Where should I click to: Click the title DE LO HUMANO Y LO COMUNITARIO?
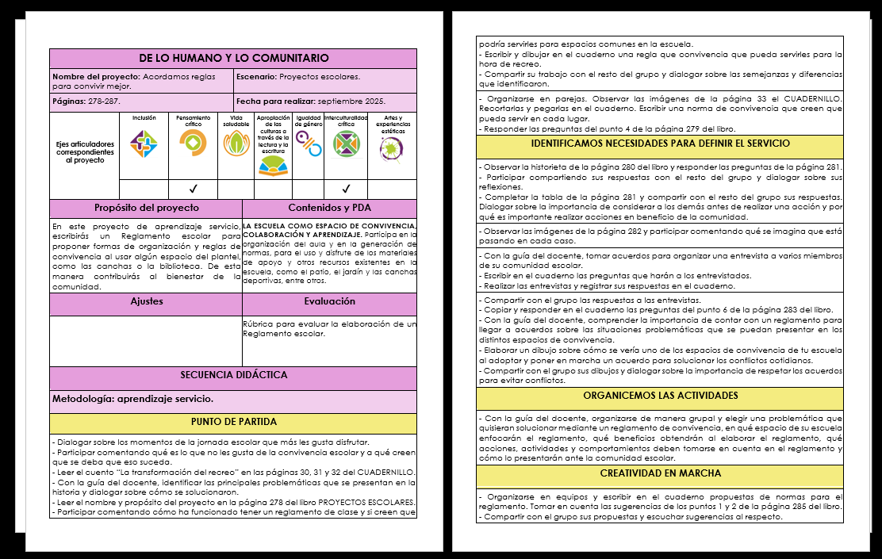pos(233,59)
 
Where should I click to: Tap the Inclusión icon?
pos(144,144)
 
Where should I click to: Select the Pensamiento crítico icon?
pos(193,144)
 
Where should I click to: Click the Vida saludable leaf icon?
pos(236,144)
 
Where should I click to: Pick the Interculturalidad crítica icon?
pos(346,144)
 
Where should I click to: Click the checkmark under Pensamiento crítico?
pos(193,189)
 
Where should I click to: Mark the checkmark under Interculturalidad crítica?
pos(346,189)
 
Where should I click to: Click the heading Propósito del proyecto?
pos(147,208)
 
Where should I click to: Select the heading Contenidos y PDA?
pos(329,208)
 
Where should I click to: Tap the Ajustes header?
pos(147,302)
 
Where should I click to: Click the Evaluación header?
pos(329,302)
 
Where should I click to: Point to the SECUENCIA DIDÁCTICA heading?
pos(233,375)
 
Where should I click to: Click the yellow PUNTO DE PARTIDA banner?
pos(233,422)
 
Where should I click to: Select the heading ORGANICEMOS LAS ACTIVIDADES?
pos(660,395)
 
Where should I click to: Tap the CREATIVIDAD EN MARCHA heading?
pos(660,473)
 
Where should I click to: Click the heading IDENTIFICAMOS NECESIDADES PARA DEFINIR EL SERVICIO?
pos(660,144)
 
